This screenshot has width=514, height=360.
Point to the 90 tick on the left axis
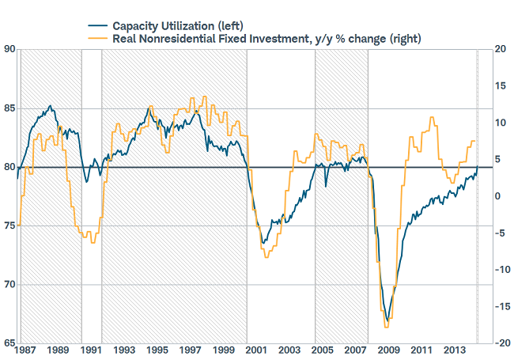tap(9, 49)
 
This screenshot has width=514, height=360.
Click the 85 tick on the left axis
tap(9, 108)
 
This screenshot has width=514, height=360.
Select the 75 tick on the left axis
tap(9, 226)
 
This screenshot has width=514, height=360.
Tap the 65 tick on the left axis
tap(9, 343)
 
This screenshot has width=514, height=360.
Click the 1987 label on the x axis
tap(26, 350)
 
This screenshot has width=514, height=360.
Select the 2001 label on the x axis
tap(255, 350)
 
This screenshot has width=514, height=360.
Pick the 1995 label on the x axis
tap(157, 350)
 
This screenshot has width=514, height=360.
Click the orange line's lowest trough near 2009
tap(386, 327)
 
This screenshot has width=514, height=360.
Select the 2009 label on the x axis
tap(387, 350)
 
